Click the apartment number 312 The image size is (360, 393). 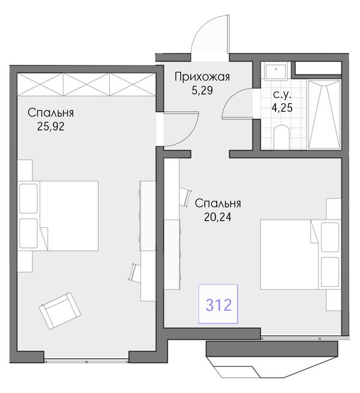[218, 305]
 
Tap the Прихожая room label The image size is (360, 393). [202, 77]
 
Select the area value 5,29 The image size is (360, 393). [202, 91]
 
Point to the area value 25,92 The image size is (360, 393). [51, 127]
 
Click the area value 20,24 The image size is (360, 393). [218, 217]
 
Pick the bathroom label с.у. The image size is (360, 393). [282, 94]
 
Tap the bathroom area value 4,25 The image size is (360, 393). [282, 107]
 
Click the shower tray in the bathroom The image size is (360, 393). [324, 115]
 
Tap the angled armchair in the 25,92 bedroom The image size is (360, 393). [60, 311]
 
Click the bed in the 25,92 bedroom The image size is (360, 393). [58, 216]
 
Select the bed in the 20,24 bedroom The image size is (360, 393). [301, 254]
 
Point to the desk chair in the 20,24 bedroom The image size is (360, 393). [185, 197]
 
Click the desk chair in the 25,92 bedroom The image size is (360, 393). [134, 272]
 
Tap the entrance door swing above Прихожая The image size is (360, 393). [210, 34]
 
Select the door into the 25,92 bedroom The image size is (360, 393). [181, 129]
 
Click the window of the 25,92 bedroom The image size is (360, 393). [86, 361]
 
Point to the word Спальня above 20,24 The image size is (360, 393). [218, 203]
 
